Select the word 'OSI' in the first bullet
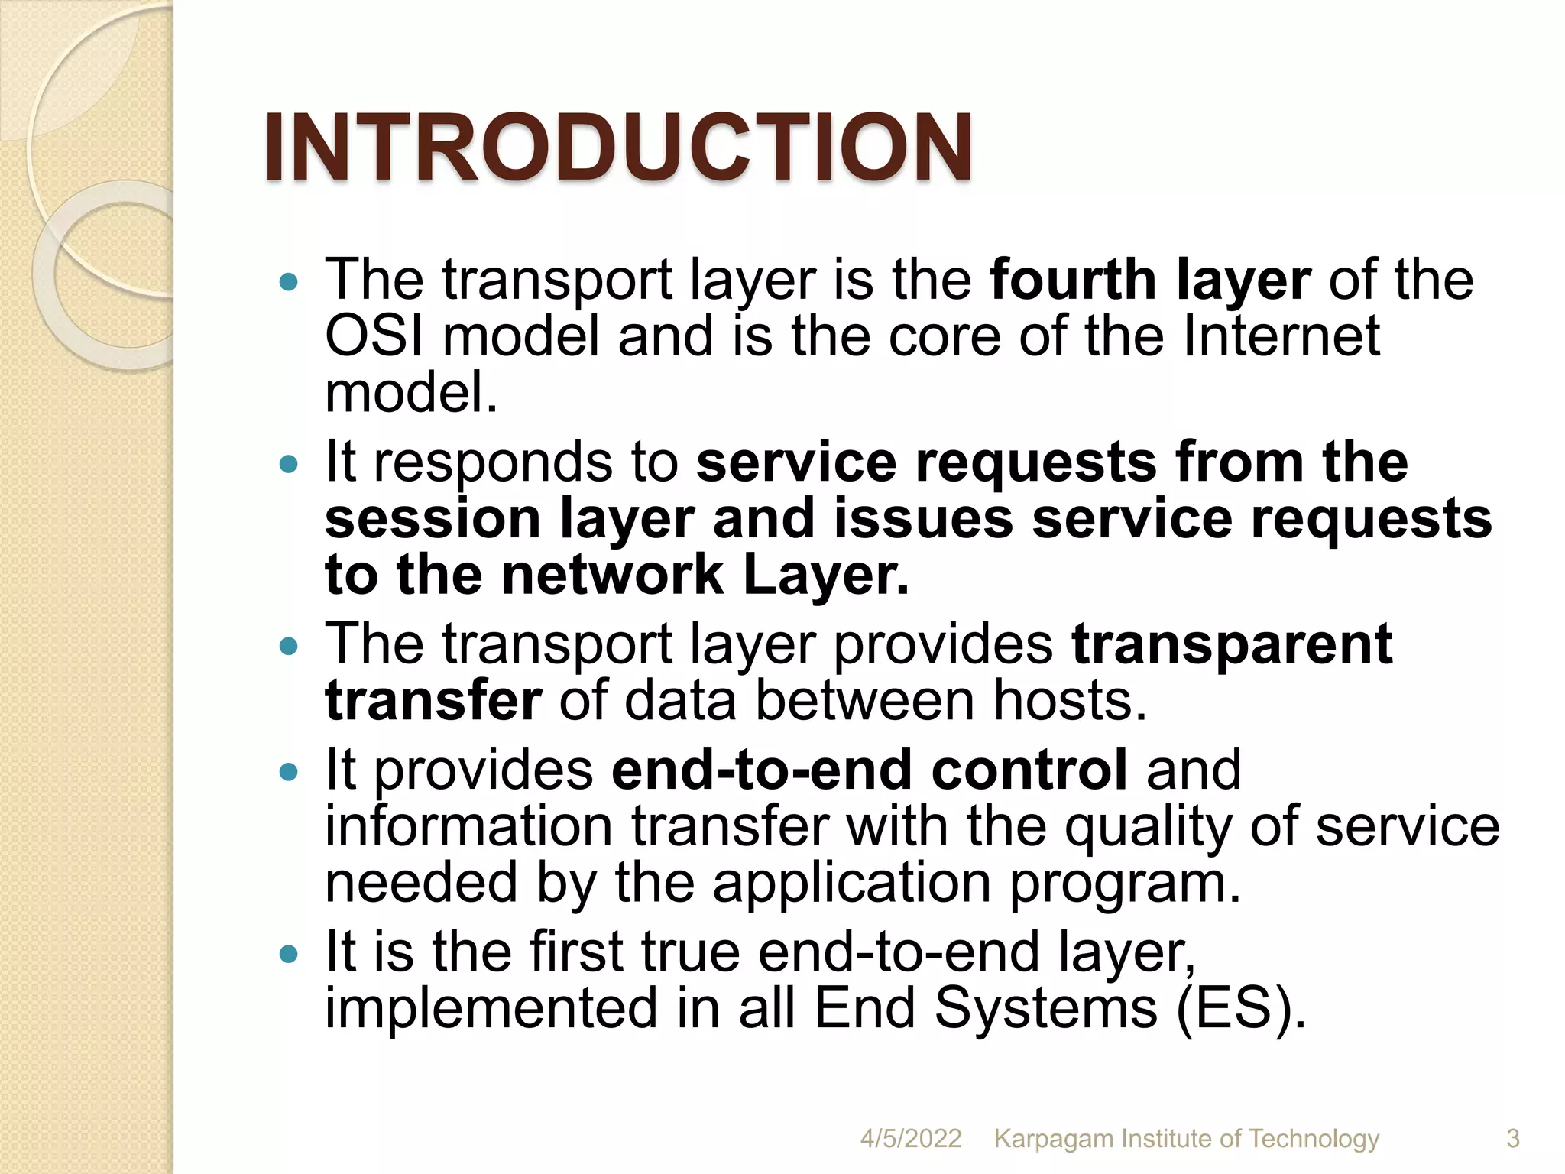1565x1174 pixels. tap(374, 336)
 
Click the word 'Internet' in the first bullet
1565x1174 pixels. tap(1281, 336)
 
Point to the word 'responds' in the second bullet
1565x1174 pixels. tap(493, 463)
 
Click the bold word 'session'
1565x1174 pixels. tap(433, 520)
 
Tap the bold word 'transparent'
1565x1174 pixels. tap(1232, 644)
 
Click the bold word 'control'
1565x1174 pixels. tap(1029, 770)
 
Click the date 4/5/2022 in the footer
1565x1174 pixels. tap(910, 1138)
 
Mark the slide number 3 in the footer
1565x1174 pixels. tap(1512, 1138)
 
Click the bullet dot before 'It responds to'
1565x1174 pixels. tap(288, 465)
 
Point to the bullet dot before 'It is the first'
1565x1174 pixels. tap(288, 954)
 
